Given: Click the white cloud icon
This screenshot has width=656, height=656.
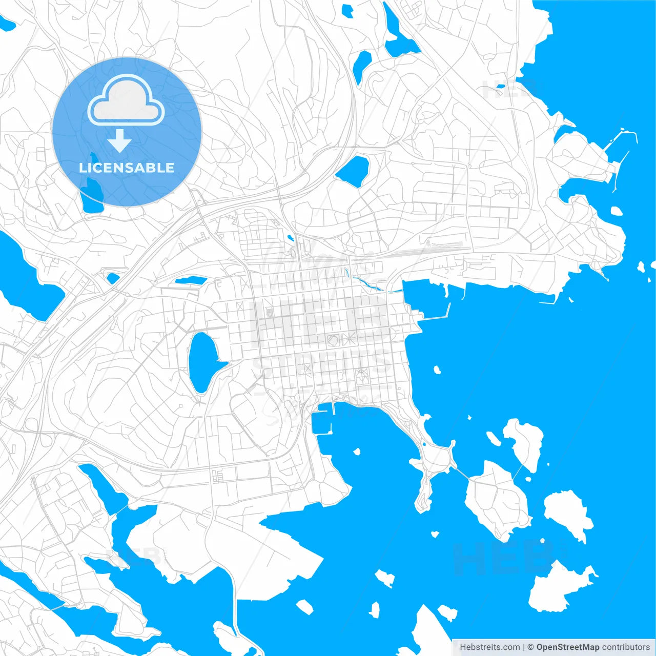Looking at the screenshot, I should (126, 100).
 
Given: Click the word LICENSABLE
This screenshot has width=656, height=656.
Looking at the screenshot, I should (127, 168).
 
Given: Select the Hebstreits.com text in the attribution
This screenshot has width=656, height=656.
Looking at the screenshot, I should (490, 647).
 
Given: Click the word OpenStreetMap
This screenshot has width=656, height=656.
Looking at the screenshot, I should (567, 647).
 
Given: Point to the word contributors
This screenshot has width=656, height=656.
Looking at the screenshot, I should (626, 647).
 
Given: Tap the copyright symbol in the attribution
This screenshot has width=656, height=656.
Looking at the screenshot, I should (531, 647).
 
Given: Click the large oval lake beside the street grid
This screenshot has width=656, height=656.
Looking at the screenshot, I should (202, 361).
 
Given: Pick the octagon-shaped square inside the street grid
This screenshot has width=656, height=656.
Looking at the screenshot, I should (333, 339).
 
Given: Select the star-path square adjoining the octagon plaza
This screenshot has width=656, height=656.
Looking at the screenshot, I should (350, 339).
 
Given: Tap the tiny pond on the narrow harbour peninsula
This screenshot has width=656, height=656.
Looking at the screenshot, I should (424, 444).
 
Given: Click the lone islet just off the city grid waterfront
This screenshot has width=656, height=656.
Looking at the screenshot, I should (437, 370).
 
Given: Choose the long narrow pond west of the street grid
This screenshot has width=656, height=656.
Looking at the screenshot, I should (190, 280).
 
